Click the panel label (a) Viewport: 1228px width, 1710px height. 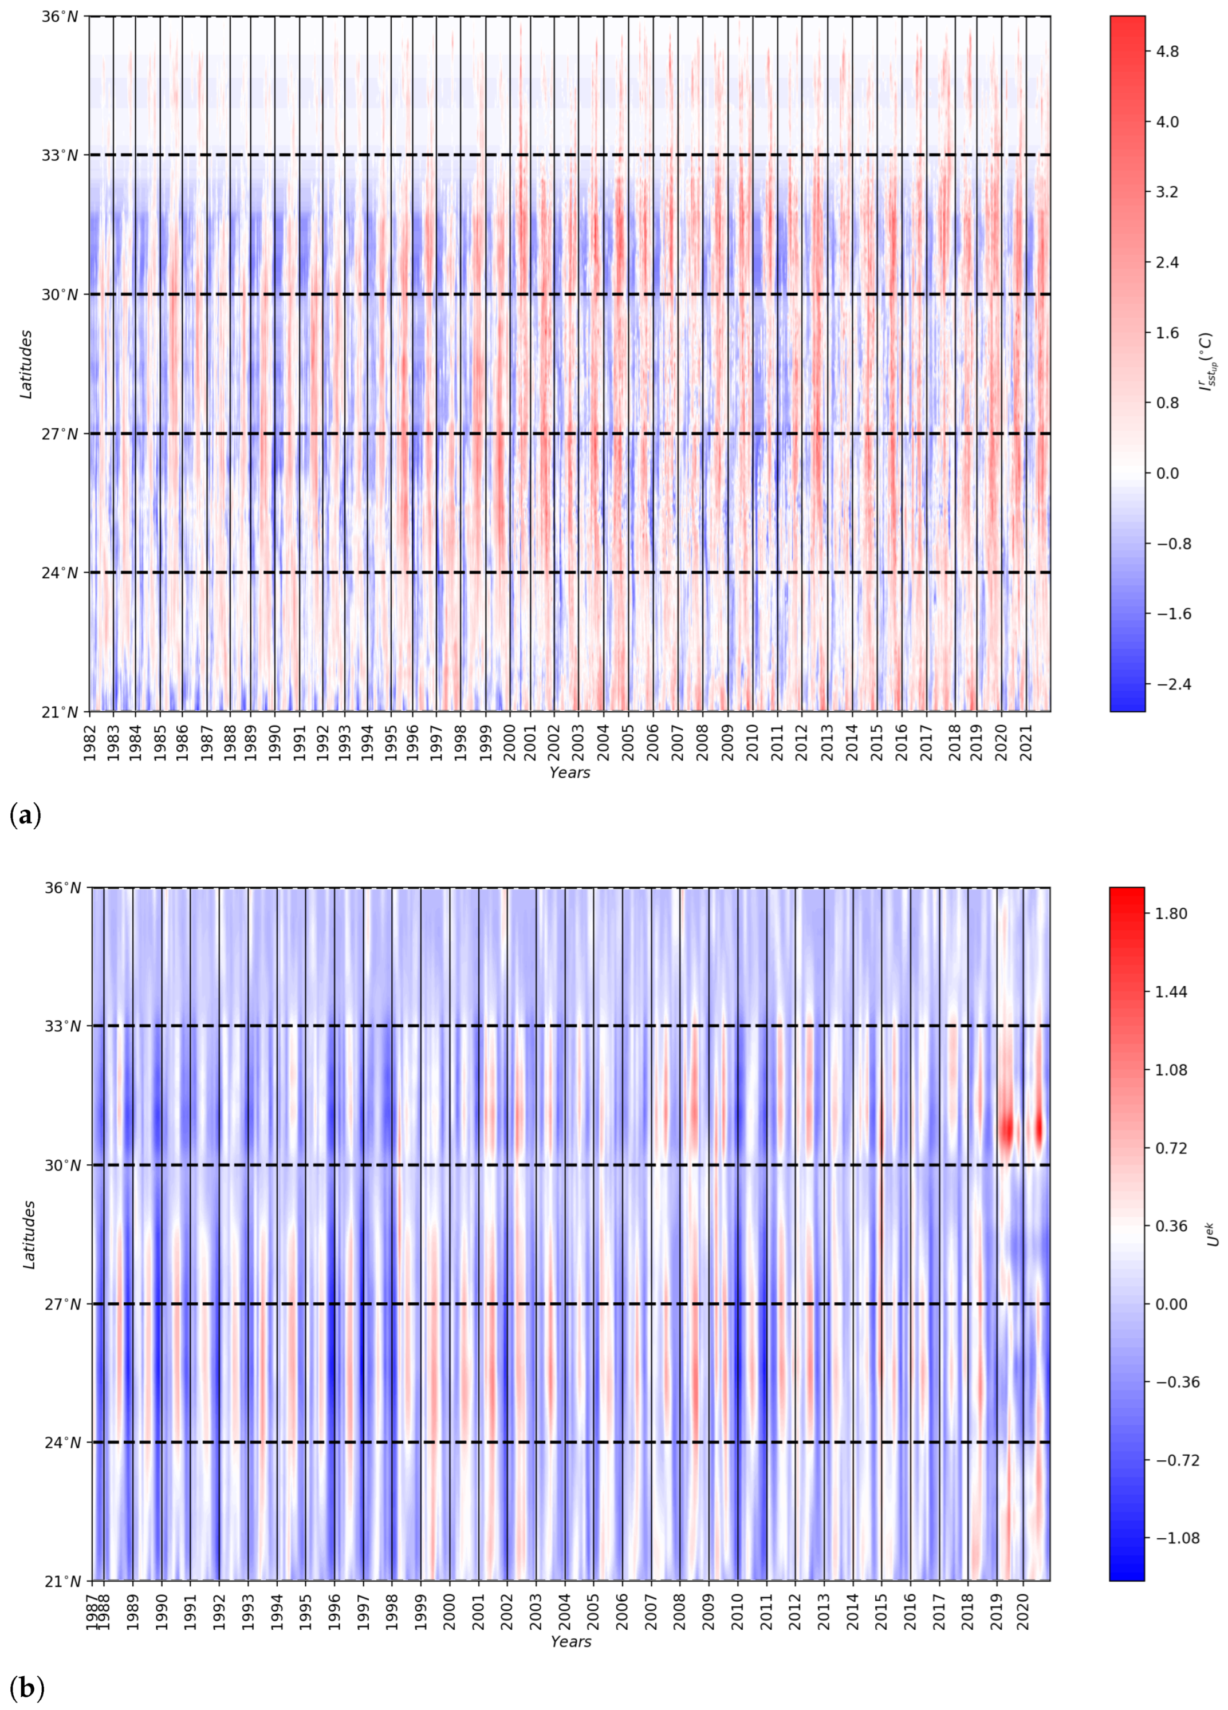26,814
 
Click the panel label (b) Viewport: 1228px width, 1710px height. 26,1687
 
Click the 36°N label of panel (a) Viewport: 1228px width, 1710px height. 61,16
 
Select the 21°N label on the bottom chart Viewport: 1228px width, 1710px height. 61,1581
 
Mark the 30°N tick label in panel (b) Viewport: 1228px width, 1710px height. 61,1165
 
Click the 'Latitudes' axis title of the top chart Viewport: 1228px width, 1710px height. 27,364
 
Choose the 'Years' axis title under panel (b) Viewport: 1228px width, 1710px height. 570,1641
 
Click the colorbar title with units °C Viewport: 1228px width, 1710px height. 1207,364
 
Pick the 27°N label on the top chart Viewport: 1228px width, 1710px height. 61,434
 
